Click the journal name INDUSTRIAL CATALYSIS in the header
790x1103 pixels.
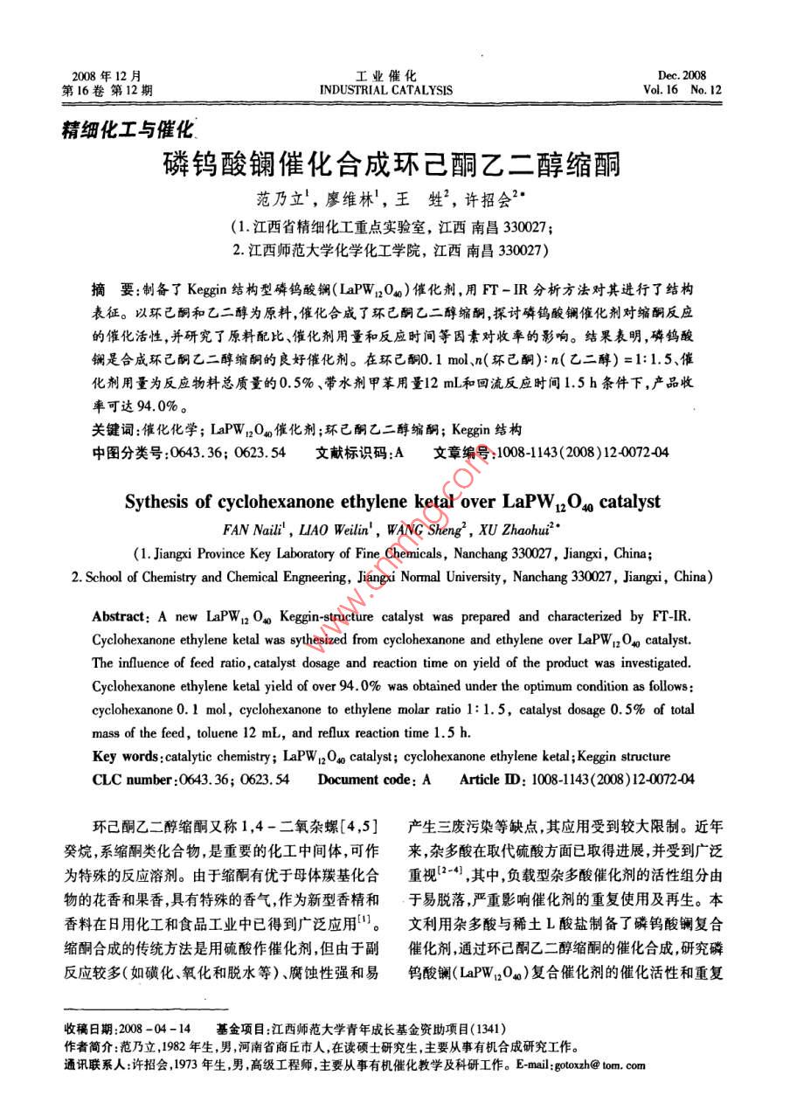tap(385, 89)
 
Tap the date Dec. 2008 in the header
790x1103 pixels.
tap(683, 75)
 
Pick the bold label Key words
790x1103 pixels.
tap(128, 756)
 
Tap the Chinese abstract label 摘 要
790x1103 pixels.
tap(114, 288)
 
